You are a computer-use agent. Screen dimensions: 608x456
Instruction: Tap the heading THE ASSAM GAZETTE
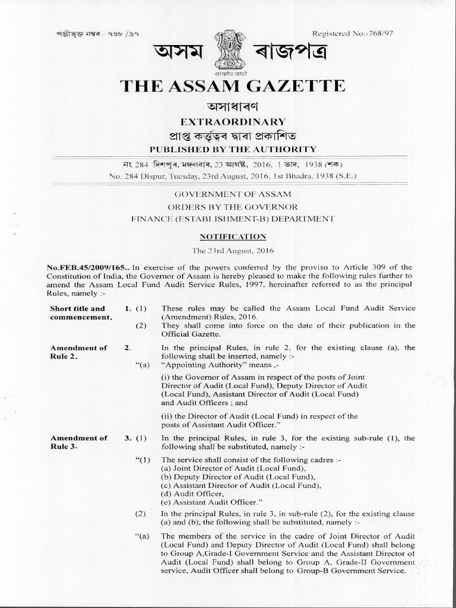232,85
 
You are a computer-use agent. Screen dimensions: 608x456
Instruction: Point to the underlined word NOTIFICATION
228,236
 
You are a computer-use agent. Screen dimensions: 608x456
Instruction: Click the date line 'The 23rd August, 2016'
228,251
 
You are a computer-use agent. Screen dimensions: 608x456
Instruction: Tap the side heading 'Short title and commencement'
78,313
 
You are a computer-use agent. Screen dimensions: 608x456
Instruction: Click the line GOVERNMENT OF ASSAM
228,194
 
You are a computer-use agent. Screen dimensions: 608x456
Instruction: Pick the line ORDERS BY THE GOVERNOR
228,207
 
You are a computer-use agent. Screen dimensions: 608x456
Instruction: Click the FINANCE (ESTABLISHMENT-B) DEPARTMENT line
228,219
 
